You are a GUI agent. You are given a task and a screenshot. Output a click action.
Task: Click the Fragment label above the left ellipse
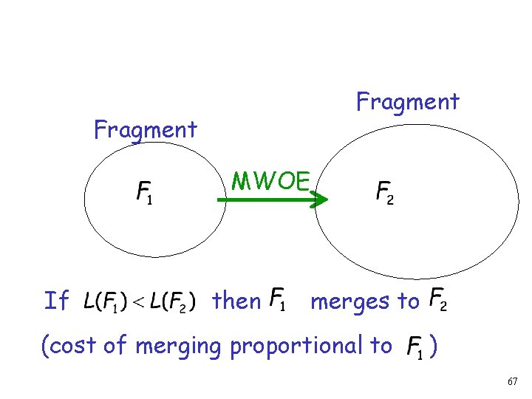click(146, 130)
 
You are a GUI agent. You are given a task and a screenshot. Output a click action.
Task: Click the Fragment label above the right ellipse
click(407, 101)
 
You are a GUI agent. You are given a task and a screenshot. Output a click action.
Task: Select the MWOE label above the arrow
click(270, 180)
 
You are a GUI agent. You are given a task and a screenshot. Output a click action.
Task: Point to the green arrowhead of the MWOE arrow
click(320, 199)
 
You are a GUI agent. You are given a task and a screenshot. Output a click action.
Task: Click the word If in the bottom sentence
click(56, 301)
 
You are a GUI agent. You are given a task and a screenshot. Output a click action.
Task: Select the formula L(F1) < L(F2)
click(139, 301)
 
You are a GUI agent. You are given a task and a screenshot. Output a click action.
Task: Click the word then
click(236, 301)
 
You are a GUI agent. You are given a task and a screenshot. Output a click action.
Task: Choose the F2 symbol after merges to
click(437, 299)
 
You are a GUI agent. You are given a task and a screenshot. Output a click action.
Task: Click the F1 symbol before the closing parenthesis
click(415, 347)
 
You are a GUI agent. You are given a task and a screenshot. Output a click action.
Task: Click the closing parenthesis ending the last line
click(435, 346)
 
